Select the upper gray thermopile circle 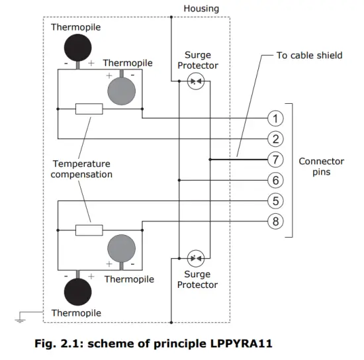point(120,89)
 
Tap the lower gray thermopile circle point(120,249)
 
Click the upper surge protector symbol point(195,82)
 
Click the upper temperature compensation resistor point(89,109)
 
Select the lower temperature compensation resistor point(89,230)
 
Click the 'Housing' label point(201,9)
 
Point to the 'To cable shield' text point(309,56)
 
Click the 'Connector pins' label point(321,167)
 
